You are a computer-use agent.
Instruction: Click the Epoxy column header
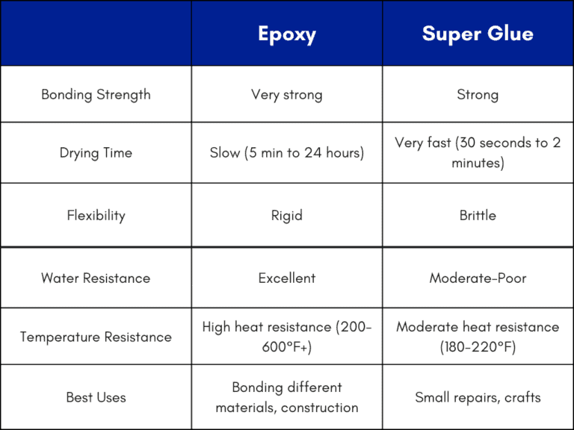click(x=287, y=34)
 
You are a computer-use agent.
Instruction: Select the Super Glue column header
click(x=478, y=34)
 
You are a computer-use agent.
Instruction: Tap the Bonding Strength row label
click(x=96, y=95)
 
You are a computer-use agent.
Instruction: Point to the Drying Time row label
click(x=96, y=153)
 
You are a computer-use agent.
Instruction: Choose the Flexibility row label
click(x=96, y=216)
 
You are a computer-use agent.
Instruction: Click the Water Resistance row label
click(x=96, y=278)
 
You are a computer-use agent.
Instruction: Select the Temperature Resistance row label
click(x=96, y=337)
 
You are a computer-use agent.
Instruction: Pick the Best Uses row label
click(x=96, y=397)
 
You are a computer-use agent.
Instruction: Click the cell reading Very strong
click(x=287, y=95)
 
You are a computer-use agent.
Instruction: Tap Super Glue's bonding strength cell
click(x=478, y=95)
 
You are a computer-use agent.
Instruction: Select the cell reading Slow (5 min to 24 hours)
click(x=287, y=153)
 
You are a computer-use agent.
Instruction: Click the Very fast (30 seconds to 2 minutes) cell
click(x=478, y=152)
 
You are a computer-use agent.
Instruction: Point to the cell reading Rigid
click(x=287, y=216)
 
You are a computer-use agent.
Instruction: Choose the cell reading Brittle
click(x=478, y=216)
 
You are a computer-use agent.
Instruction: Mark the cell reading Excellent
click(x=287, y=278)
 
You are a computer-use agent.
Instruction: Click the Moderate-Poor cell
click(x=478, y=278)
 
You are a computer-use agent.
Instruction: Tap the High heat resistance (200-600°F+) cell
click(x=287, y=337)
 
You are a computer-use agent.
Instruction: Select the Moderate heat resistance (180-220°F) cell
click(x=478, y=337)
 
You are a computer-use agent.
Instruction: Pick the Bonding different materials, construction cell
click(x=287, y=397)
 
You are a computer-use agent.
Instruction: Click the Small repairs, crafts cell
click(x=478, y=397)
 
